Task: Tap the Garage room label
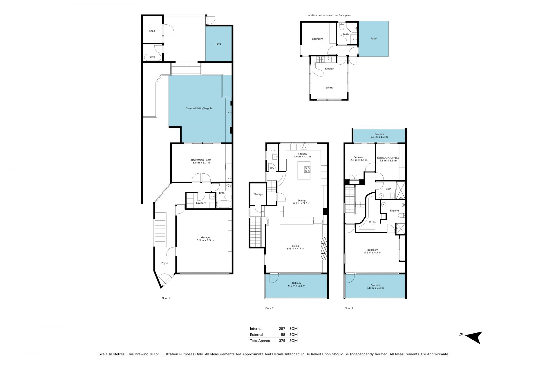[x=205, y=237]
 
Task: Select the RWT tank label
[x=152, y=57]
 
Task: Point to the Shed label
[x=152, y=31]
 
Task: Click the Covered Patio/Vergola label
[x=199, y=108]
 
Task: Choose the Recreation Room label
[x=201, y=160]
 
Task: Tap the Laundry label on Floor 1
[x=201, y=203]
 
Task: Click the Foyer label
[x=165, y=263]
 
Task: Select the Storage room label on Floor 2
[x=258, y=194]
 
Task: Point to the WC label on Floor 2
[x=272, y=168]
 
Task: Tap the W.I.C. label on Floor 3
[x=372, y=222]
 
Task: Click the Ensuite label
[x=394, y=210]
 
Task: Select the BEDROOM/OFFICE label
[x=388, y=158]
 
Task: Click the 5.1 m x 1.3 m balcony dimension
[x=379, y=137]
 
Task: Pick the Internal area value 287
[x=281, y=328]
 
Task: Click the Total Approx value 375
[x=281, y=341]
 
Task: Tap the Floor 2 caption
[x=270, y=308]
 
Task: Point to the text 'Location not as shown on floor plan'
[x=328, y=15]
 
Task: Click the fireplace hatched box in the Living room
[x=324, y=249]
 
